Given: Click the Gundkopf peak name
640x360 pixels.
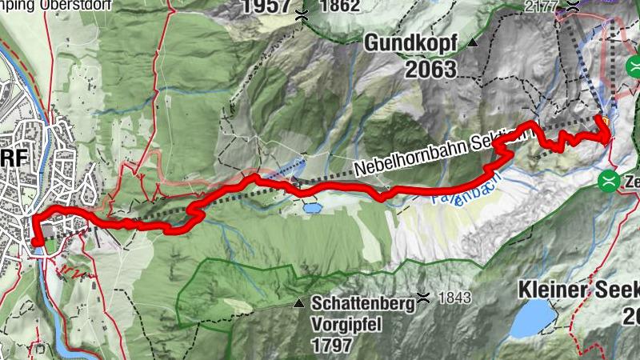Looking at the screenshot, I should [412, 43].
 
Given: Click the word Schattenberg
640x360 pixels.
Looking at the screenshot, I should [363, 303].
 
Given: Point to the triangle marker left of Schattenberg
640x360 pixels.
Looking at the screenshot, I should [298, 303].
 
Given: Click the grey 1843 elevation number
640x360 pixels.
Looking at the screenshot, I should [454, 298].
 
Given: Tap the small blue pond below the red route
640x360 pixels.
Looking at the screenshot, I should [311, 207].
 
